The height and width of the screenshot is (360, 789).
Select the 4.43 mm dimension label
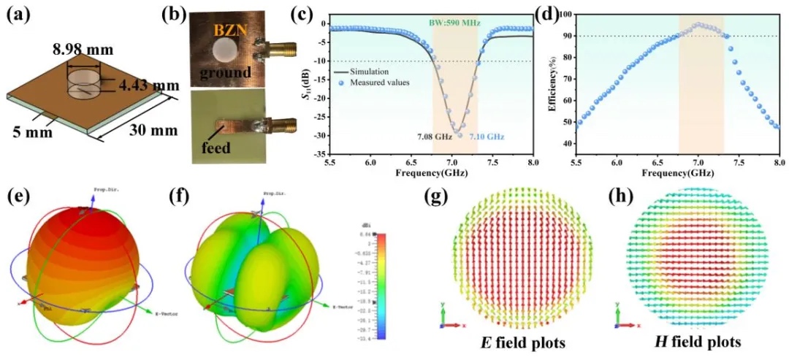pos(150,85)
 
